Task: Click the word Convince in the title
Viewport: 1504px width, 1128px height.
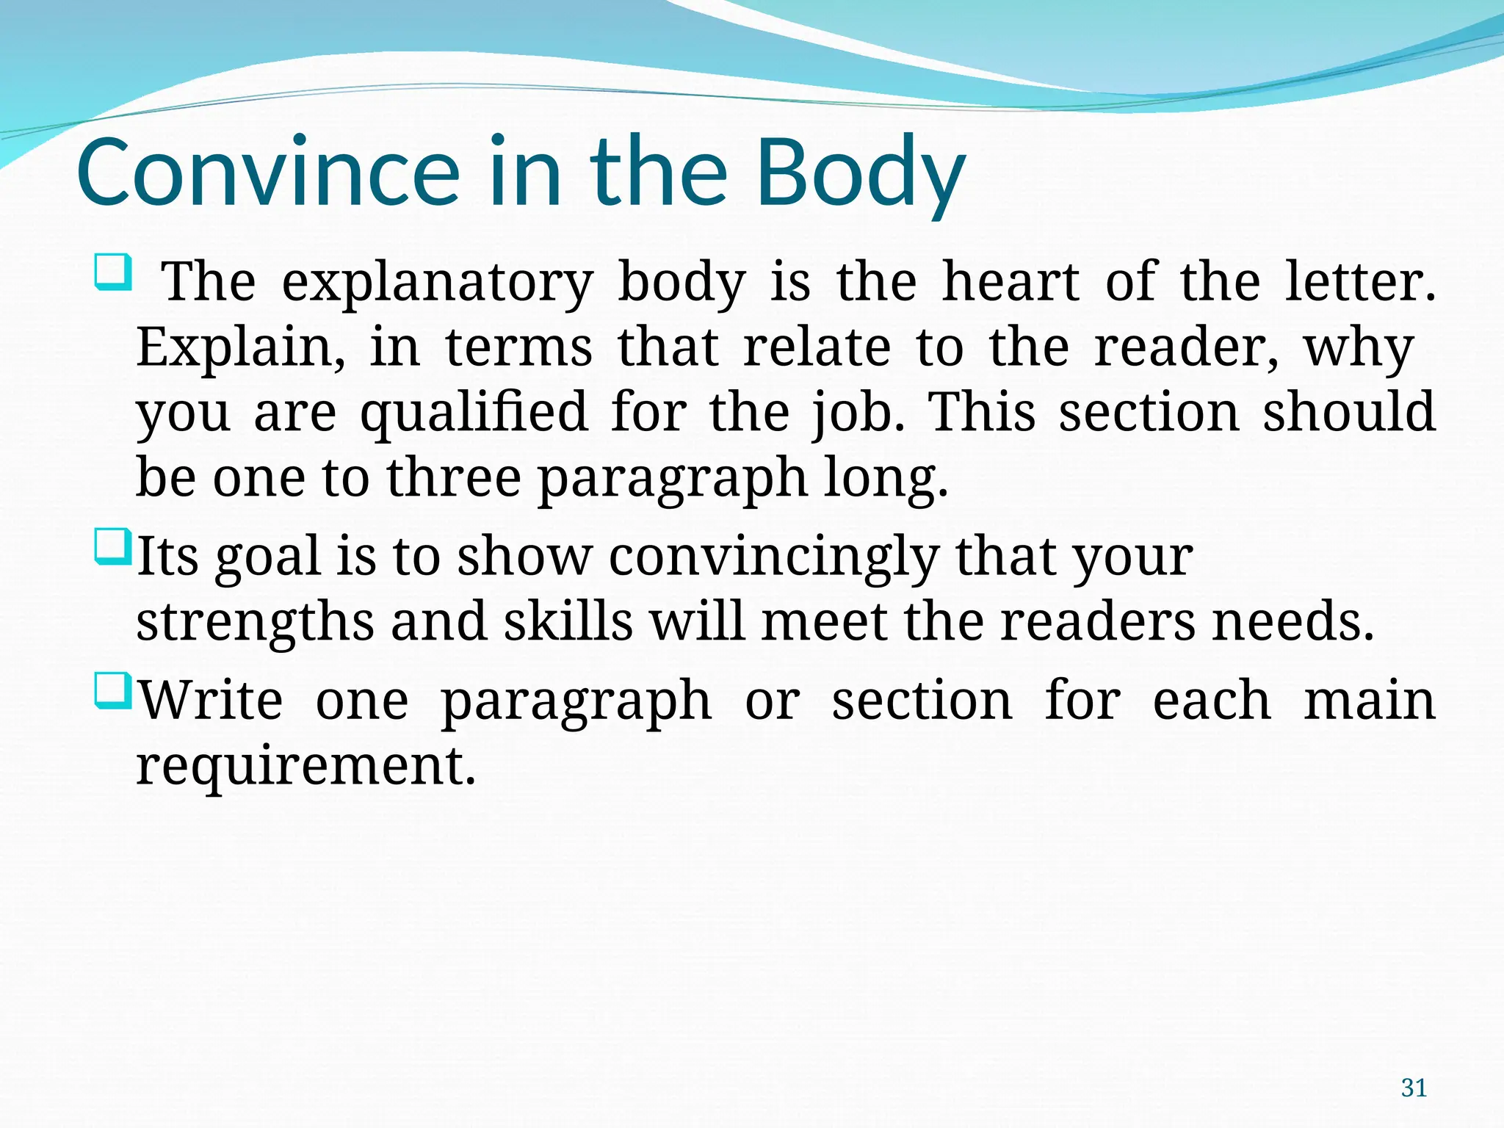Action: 268,173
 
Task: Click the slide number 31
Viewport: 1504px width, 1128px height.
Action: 1414,1088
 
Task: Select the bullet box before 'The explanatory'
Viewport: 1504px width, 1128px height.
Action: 113,271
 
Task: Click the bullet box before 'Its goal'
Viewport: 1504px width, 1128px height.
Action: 113,547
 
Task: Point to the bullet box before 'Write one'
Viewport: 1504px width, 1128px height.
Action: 113,692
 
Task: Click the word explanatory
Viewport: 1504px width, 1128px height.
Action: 437,283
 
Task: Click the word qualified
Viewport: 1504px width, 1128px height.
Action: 474,413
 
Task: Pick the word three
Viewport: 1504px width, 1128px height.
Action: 454,478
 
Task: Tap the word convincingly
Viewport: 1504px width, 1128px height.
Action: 773,557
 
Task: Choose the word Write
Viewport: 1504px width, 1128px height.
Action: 211,701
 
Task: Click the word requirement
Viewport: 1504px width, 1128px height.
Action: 306,766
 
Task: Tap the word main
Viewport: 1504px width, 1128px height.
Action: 1369,701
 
